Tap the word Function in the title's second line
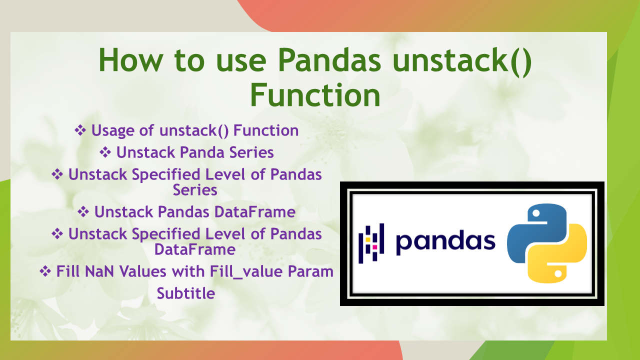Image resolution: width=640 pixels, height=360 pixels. click(315, 95)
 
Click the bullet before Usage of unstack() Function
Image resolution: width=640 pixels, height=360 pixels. click(80, 130)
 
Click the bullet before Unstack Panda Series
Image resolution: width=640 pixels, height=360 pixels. click(105, 152)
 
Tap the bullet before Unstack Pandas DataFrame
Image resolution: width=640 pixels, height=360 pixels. click(83, 211)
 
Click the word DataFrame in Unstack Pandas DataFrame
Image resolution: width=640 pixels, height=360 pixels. click(255, 212)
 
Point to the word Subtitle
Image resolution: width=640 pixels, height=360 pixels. click(186, 293)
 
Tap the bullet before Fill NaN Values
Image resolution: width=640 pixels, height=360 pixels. click(45, 271)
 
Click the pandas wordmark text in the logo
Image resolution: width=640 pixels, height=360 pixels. click(445, 241)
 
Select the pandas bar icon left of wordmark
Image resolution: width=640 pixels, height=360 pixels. click(371, 243)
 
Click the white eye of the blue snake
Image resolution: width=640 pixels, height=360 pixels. click(536, 213)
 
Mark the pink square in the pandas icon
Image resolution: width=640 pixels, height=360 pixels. click(374, 247)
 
